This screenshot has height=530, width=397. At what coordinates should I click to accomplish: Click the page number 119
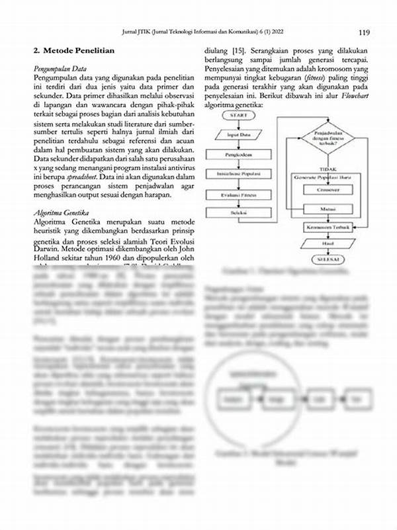tap(363, 32)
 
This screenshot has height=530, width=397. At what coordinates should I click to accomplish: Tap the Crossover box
tap(322, 189)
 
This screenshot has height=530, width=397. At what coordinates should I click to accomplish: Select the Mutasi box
tap(322, 208)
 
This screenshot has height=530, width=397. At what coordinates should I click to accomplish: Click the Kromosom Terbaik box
tap(322, 227)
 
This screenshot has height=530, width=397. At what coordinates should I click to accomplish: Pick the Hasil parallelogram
tap(322, 243)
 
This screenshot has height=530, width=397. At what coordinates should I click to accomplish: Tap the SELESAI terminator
tap(322, 260)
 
